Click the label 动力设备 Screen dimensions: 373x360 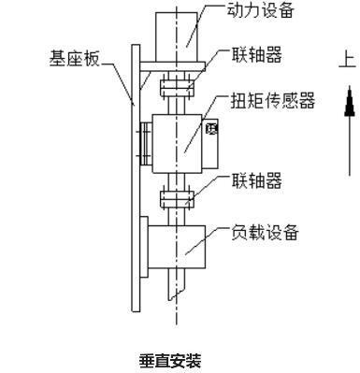[262, 11]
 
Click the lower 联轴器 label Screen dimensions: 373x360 [255, 178]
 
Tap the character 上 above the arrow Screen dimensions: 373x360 [347, 61]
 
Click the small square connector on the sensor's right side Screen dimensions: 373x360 [212, 128]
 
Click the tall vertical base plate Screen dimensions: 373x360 [134, 187]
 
